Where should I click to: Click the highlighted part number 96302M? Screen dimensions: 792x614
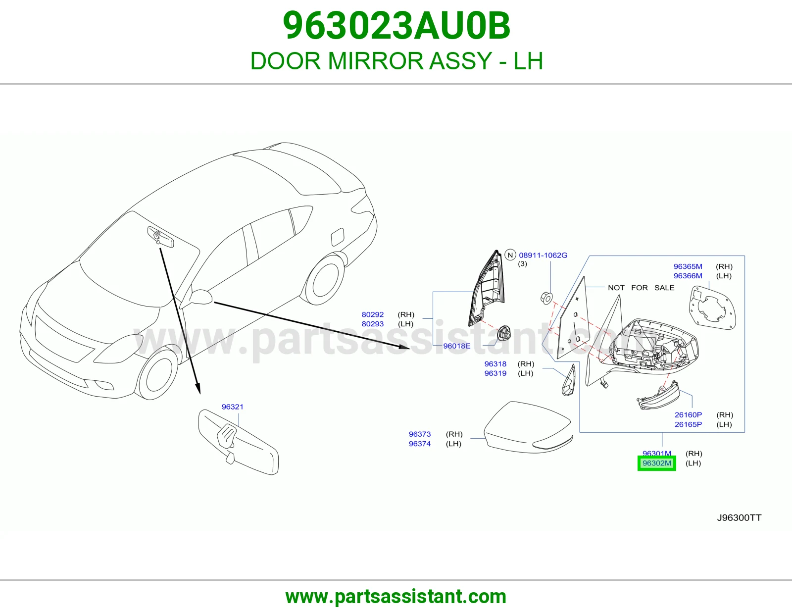[x=656, y=463]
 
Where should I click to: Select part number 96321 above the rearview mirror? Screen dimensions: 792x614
[x=232, y=407]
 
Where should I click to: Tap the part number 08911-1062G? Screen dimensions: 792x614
[x=543, y=255]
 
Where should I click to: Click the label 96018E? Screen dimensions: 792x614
[x=457, y=346]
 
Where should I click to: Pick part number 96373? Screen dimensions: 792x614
[x=419, y=434]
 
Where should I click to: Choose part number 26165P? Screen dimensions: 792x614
[x=688, y=424]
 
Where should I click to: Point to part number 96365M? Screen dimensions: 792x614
[x=688, y=266]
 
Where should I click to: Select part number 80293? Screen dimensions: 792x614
[x=373, y=324]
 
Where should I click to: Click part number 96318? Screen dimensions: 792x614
[x=495, y=363]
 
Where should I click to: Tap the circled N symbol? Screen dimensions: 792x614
[x=510, y=255]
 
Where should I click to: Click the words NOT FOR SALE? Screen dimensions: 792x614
[x=641, y=288]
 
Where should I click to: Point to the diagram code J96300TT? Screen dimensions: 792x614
[x=739, y=518]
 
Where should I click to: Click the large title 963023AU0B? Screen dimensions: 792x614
[x=396, y=26]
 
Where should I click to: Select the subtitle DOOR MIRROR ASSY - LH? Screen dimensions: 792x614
[x=396, y=61]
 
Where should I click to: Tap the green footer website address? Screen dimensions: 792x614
[x=396, y=597]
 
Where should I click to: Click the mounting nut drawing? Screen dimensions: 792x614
[x=546, y=298]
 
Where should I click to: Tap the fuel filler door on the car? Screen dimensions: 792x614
[x=337, y=237]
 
